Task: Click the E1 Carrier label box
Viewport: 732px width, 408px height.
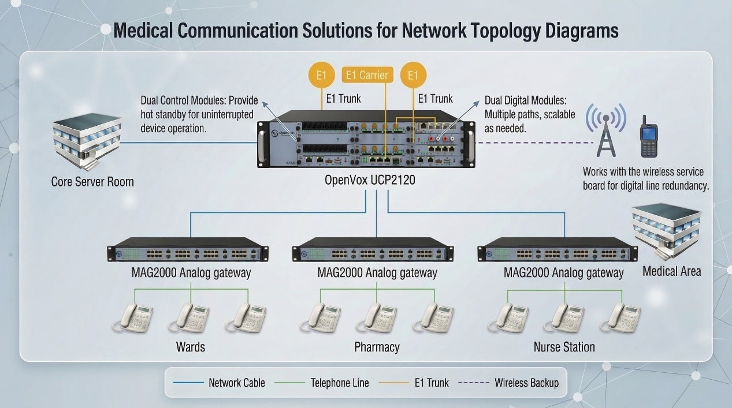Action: point(367,75)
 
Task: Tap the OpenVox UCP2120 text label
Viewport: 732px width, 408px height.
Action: point(370,180)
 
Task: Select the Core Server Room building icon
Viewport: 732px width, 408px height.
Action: point(87,141)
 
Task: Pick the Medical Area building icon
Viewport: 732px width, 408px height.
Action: point(667,231)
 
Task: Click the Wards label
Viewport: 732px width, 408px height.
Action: point(191,347)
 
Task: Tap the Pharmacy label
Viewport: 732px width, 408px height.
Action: point(377,347)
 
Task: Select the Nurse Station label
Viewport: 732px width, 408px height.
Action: point(564,347)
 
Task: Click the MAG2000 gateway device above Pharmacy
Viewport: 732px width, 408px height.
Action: point(373,250)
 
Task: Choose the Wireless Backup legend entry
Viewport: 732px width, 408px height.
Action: point(508,383)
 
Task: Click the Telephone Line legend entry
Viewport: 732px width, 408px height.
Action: point(322,383)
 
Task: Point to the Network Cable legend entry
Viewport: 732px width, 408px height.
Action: point(219,383)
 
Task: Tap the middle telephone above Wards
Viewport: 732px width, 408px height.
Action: point(189,318)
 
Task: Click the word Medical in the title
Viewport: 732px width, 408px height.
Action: point(143,31)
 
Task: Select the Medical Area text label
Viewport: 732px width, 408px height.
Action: point(672,272)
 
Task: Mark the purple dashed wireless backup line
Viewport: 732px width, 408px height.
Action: point(534,143)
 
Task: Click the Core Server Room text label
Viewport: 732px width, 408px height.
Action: point(92,182)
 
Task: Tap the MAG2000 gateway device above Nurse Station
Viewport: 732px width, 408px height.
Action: point(558,250)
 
